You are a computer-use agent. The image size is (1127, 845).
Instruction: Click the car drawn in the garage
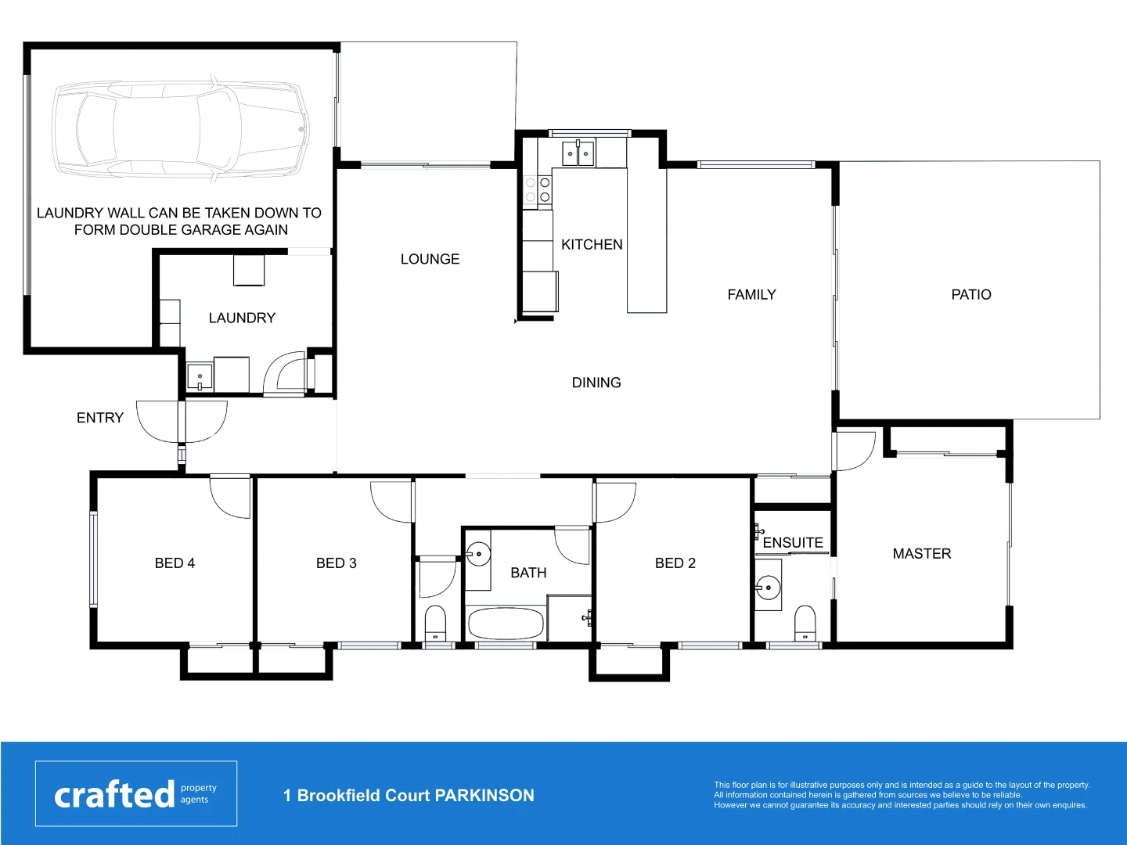tap(180, 129)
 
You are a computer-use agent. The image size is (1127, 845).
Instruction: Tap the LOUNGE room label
tap(430, 259)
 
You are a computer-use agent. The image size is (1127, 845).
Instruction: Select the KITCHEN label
tap(592, 245)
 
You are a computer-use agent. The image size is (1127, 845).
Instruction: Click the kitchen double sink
tap(578, 153)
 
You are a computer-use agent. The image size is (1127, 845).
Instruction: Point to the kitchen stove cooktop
tap(538, 189)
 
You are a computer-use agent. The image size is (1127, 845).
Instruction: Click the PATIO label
tap(970, 295)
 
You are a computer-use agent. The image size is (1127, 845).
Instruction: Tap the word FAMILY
tap(751, 295)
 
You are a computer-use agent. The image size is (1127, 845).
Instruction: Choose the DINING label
tap(596, 383)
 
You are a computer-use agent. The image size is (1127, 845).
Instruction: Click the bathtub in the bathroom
tap(506, 624)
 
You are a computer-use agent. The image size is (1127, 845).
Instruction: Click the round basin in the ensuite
tap(769, 587)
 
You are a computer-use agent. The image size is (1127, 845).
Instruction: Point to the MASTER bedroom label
tap(922, 554)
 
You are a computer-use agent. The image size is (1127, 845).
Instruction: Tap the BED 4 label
tap(175, 563)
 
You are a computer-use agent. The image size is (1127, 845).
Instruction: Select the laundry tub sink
tap(200, 377)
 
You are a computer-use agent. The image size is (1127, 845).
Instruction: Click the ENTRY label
tap(100, 418)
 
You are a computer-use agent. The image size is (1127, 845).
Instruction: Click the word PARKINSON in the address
tap(484, 796)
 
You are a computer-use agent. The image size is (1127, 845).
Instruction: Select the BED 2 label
tap(675, 563)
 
